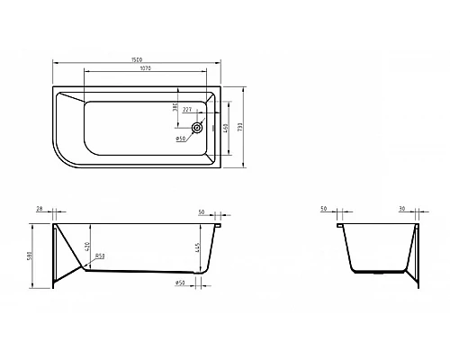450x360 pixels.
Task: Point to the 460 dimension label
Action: click(225, 129)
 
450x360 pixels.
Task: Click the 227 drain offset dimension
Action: click(186, 110)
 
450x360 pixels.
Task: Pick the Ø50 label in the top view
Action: click(180, 139)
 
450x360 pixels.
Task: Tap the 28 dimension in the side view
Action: click(40, 210)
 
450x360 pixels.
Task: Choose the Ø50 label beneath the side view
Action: click(180, 284)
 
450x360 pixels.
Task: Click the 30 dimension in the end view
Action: click(401, 210)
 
